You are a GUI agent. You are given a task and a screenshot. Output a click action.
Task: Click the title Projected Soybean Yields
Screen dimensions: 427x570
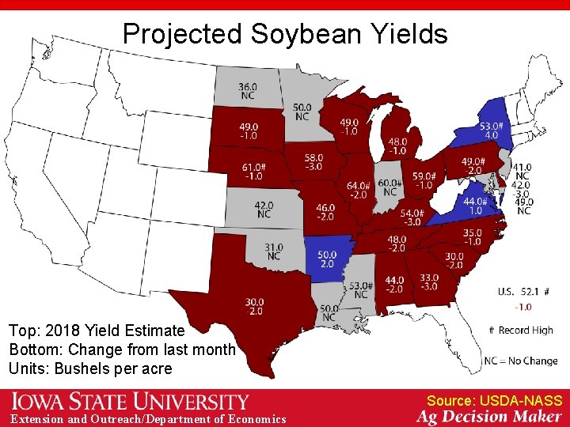(285, 34)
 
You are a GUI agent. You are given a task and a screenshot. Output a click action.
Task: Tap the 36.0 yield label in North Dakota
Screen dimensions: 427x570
(248, 86)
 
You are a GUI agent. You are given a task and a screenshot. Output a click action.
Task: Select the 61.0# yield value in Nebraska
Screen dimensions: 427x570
(253, 167)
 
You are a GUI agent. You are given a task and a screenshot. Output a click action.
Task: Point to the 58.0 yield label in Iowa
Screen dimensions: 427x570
(313, 158)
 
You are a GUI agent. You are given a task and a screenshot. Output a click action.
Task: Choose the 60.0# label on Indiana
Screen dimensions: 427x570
(389, 183)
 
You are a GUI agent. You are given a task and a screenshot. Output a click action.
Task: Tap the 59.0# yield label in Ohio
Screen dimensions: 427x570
(424, 176)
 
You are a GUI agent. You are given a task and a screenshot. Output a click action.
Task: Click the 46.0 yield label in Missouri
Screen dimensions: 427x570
(325, 208)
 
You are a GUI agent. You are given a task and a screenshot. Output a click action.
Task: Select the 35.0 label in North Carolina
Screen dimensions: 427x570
(472, 232)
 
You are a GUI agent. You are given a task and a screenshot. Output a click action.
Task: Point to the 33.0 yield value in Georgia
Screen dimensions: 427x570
(429, 278)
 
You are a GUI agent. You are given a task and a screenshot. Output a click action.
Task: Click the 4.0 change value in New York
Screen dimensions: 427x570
(491, 135)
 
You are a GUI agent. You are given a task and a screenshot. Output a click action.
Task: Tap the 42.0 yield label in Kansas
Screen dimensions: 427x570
(264, 206)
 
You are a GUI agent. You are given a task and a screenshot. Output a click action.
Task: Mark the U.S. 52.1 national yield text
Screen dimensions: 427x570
(519, 292)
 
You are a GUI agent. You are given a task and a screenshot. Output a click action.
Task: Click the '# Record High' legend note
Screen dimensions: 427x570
(523, 330)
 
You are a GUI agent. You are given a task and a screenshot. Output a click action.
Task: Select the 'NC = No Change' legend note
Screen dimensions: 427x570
(521, 361)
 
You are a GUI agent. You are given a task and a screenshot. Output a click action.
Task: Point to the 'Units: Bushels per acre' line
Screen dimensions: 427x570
(90, 368)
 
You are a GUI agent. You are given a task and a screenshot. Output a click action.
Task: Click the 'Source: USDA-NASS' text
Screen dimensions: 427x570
(494, 401)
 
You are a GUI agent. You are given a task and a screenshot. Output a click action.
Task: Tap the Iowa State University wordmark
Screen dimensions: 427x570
(130, 402)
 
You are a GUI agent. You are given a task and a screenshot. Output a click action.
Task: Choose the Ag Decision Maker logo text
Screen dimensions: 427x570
(489, 417)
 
